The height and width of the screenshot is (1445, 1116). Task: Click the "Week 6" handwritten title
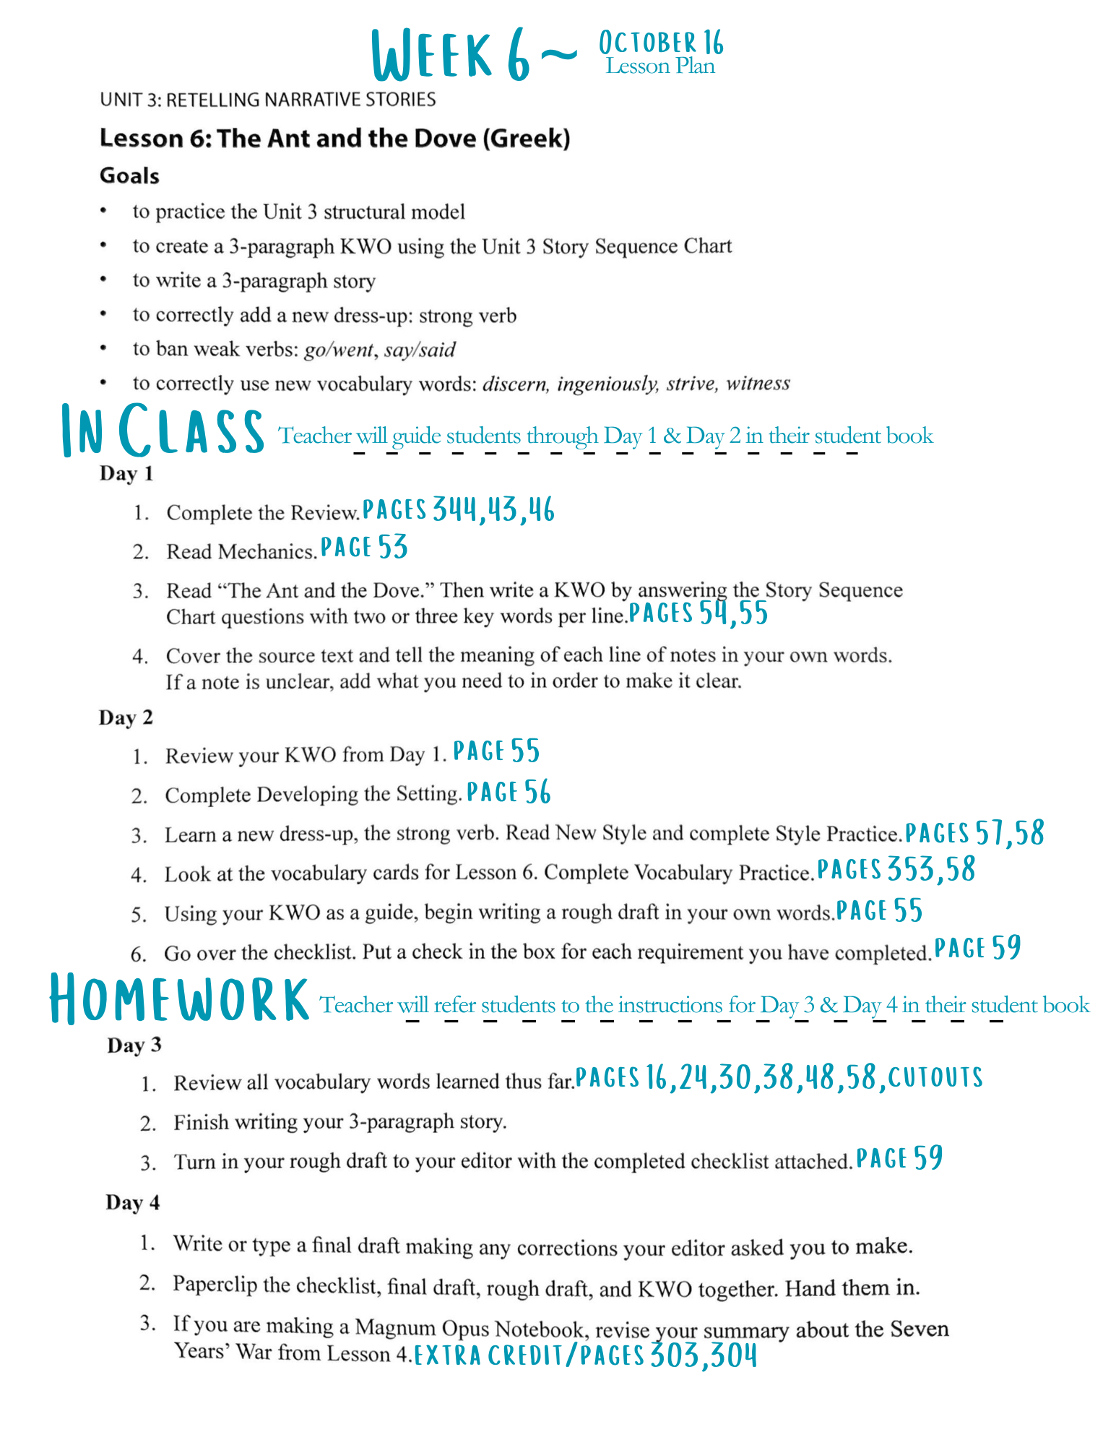[451, 55]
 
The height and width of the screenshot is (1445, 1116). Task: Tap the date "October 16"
[661, 43]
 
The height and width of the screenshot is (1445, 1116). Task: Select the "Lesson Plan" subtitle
[660, 66]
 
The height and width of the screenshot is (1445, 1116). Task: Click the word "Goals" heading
[129, 176]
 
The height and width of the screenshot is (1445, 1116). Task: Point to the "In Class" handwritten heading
[163, 431]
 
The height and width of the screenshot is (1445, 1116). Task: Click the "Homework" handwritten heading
[179, 999]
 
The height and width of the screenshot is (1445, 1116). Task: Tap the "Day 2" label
[126, 717]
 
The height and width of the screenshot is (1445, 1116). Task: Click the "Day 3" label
[134, 1045]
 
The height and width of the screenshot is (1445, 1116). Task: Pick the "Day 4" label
[133, 1202]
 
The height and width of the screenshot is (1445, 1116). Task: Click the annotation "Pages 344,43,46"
[458, 510]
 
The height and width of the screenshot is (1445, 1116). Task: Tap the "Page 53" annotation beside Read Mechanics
[364, 548]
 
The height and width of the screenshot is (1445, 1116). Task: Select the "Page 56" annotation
[509, 793]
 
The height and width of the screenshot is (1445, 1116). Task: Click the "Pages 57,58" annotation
[974, 833]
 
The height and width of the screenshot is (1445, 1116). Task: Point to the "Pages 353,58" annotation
[896, 869]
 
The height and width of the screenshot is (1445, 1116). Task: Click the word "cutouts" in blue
[935, 1077]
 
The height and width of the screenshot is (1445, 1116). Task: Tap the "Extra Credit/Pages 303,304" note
[586, 1355]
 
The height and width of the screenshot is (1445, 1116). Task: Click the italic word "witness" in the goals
[758, 383]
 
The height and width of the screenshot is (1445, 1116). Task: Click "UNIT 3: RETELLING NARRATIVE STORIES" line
[268, 99]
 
